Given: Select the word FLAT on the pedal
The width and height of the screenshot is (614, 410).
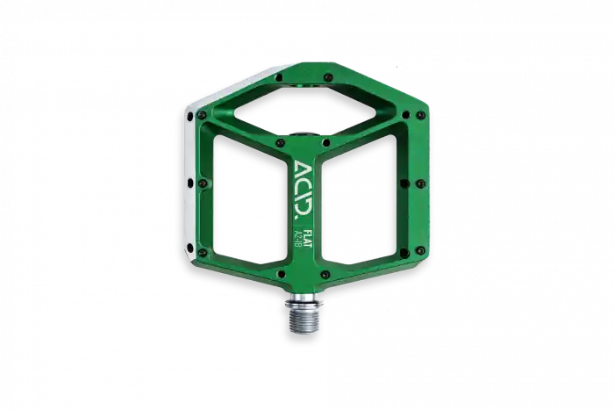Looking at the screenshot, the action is [x=307, y=238].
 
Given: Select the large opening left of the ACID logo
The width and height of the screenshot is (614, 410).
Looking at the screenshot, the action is [x=248, y=200].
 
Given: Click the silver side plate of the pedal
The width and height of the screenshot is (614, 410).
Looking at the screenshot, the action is [x=190, y=183].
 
